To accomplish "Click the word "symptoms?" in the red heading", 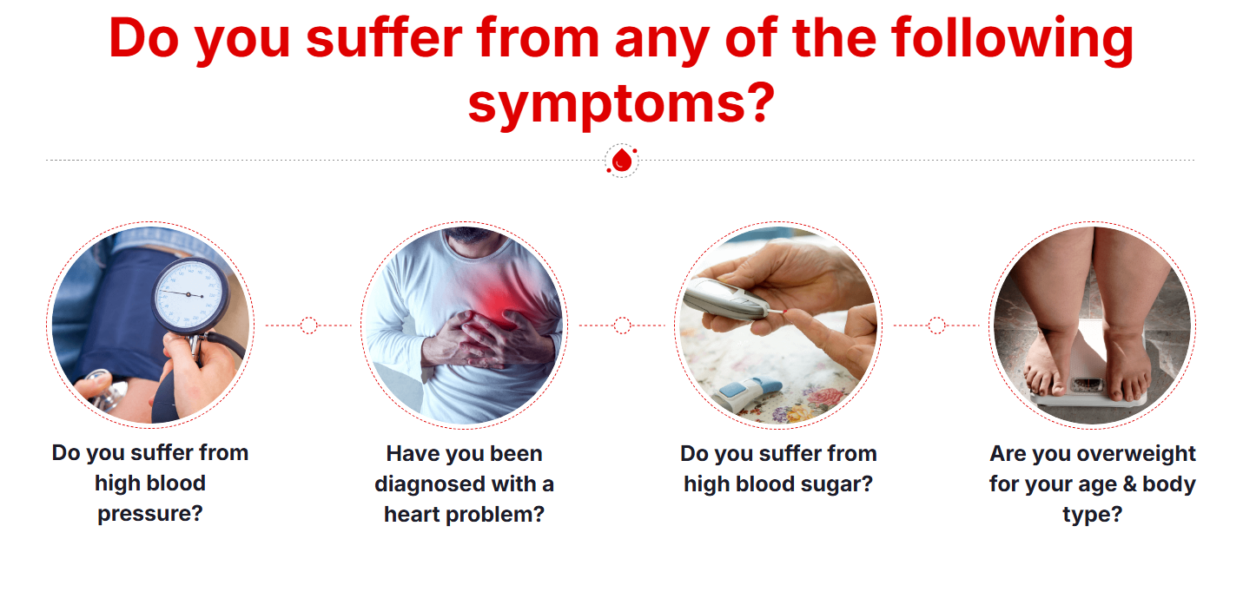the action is pos(621,104).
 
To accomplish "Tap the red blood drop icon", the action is pos(622,161).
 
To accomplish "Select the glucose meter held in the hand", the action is pos(726,299).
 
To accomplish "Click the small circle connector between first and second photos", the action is pos(308,326).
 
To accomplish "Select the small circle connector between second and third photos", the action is pos(622,326).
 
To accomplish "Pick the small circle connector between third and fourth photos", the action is pos(936,326).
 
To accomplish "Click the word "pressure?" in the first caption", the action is pos(150,514).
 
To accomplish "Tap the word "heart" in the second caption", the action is pos(413,515).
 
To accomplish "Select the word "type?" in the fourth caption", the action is pos(1092,515).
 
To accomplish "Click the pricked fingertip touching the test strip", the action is pos(795,316).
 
